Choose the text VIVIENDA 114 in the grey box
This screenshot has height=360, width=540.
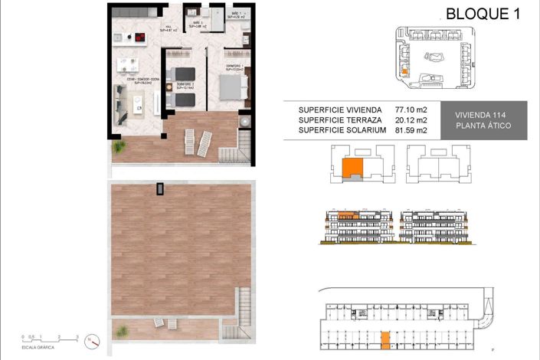coord(478,112)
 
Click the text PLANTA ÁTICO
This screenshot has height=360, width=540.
coord(478,126)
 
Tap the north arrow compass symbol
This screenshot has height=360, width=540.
coord(90,339)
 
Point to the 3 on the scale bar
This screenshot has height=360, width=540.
coord(77,335)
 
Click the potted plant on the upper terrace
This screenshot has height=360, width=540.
coord(119,146)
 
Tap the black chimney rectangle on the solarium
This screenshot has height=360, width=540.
coord(160,188)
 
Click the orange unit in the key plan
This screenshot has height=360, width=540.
coord(352,167)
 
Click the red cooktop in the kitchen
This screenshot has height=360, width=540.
coord(140,37)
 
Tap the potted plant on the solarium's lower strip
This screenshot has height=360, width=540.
coord(120,330)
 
